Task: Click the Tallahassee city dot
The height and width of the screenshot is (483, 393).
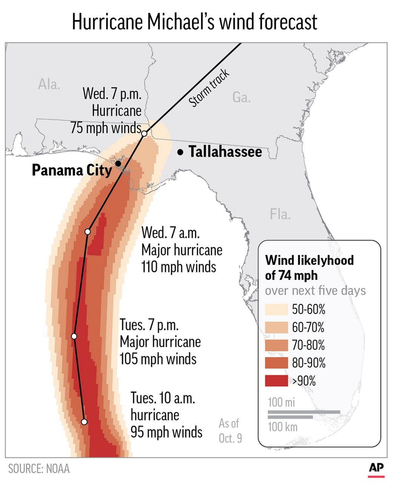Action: tap(181, 152)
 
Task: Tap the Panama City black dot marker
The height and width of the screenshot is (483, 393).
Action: tap(118, 163)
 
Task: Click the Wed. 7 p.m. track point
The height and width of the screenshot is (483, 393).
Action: tap(144, 134)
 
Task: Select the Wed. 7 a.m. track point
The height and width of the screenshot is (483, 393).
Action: tap(88, 231)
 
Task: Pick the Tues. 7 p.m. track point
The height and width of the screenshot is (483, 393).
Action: tap(74, 336)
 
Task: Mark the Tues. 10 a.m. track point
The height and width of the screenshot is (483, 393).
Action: tap(84, 421)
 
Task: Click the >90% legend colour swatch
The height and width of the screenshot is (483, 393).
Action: tap(276, 381)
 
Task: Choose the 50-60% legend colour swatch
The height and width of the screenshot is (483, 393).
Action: tap(276, 309)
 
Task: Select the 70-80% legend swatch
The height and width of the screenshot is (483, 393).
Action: tap(276, 345)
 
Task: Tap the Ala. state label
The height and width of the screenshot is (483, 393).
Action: tap(49, 84)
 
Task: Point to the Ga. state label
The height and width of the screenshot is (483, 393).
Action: tap(241, 98)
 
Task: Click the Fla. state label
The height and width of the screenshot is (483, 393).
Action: tap(280, 214)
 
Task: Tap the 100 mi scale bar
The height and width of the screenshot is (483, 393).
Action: tap(304, 412)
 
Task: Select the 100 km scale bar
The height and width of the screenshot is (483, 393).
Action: tap(290, 417)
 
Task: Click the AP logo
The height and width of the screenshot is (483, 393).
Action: tap(376, 468)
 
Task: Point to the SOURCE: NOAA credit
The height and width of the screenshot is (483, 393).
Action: tap(39, 469)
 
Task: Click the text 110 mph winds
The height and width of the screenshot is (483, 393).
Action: tap(179, 267)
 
